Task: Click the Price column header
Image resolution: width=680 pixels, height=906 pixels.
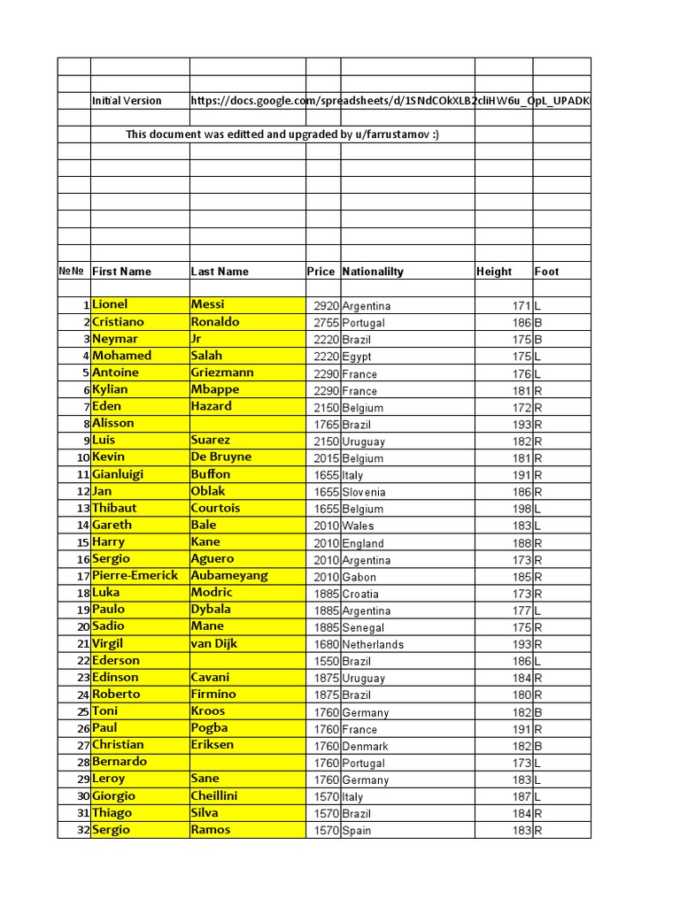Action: pos(321,272)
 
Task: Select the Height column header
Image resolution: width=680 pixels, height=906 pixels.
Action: pos(494,272)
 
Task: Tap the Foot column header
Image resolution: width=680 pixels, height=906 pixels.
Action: pos(546,272)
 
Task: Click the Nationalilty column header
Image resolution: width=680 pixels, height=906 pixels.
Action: pos(373,272)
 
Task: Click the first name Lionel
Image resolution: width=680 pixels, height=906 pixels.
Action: pos(110,304)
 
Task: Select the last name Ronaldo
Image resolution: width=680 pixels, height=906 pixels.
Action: pos(215,322)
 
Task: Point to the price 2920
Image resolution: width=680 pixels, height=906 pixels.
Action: pos(326,306)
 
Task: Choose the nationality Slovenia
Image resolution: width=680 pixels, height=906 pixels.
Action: pos(364,492)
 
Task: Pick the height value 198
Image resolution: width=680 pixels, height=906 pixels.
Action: pos(521,509)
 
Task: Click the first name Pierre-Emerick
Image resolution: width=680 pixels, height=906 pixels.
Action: pos(135,575)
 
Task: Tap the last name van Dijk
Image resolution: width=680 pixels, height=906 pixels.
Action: pos(214,643)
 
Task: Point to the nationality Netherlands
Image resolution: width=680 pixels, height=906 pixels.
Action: pos(373,645)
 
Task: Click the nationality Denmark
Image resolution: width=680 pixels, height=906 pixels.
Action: pos(365,746)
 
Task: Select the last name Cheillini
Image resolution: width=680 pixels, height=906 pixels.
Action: pos(214,795)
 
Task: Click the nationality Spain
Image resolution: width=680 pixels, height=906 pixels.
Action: pos(357,831)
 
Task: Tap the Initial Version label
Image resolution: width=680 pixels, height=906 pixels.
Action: pos(127,101)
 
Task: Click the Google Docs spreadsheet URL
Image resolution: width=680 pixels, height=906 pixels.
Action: pos(390,101)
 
